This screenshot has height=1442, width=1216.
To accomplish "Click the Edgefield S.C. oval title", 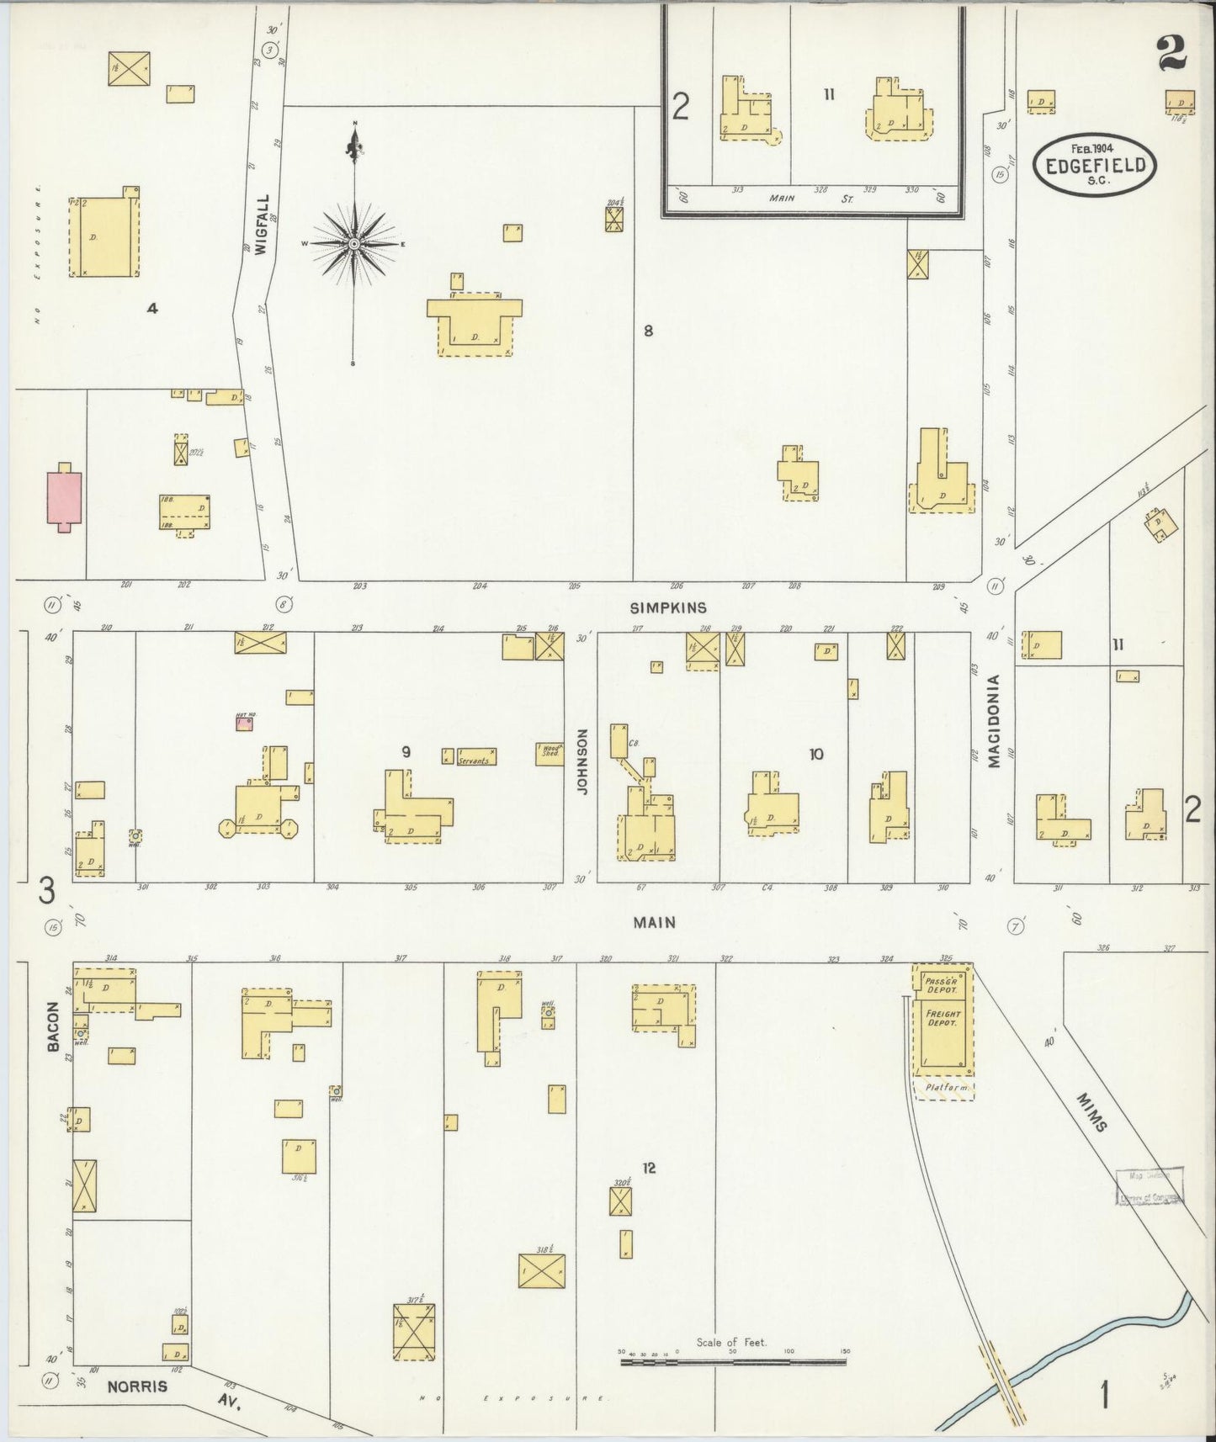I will (x=1094, y=164).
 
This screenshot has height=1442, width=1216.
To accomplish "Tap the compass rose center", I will (x=354, y=244).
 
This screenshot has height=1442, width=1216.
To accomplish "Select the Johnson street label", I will (x=581, y=773).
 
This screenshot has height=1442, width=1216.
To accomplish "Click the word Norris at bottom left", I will (x=137, y=1386).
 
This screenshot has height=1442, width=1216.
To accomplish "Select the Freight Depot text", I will (x=943, y=1019).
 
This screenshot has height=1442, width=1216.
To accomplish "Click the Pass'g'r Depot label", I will (x=943, y=986).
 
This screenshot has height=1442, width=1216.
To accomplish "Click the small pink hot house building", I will (x=244, y=724).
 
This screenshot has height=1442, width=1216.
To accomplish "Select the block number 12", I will (x=648, y=1168).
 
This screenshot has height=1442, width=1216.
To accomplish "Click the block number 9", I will (x=406, y=751).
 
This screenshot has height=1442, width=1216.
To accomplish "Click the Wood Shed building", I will (x=550, y=753).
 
